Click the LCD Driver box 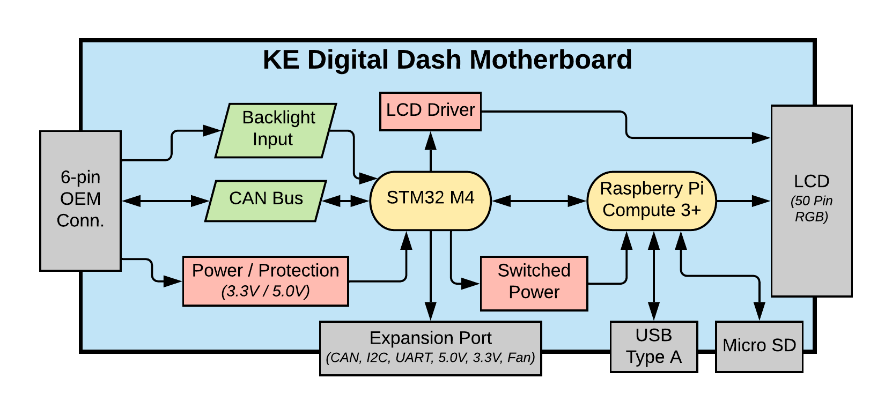click(430, 111)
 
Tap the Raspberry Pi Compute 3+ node click(652, 201)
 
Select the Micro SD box click(759, 346)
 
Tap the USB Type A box click(653, 346)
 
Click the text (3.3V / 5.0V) click(266, 291)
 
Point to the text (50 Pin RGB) click(811, 209)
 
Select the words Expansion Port click(430, 338)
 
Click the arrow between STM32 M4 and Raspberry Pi click(539, 201)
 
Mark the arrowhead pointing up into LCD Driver click(430, 140)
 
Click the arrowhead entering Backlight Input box click(212, 130)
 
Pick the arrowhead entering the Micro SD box click(759, 312)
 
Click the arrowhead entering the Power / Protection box click(173, 281)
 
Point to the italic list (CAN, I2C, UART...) click(430, 358)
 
